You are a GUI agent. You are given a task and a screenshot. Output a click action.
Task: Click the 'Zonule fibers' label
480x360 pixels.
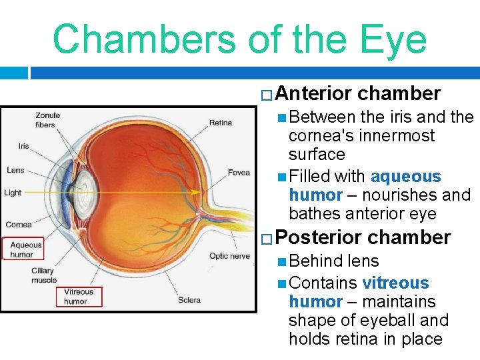click(49, 120)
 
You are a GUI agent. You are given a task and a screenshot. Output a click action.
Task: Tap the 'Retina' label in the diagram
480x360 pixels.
click(220, 123)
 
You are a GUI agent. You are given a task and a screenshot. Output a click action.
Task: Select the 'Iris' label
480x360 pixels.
click(23, 146)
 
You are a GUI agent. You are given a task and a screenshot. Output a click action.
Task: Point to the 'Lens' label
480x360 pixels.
click(15, 170)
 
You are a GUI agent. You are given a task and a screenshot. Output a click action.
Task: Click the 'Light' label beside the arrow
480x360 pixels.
click(13, 193)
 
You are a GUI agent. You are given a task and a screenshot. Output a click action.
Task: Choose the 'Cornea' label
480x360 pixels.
click(18, 225)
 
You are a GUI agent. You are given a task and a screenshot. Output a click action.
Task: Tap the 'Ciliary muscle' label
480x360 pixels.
click(45, 275)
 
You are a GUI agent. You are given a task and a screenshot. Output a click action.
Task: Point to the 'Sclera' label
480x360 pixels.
click(189, 300)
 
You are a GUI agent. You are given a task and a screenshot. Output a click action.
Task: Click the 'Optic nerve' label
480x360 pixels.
click(229, 256)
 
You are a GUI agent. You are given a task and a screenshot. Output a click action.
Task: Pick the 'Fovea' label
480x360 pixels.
click(238, 173)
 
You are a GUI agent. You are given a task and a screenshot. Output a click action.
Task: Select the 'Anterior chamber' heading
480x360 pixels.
click(357, 93)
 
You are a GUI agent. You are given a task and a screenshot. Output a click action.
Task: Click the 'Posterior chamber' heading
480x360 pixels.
click(363, 237)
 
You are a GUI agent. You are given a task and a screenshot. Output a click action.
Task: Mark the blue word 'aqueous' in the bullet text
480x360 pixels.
click(405, 177)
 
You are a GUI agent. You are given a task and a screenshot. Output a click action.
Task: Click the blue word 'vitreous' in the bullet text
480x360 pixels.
click(395, 283)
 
